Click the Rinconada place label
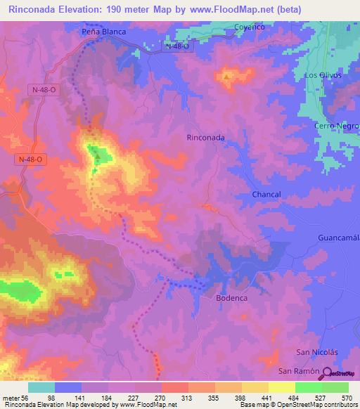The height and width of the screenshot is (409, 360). [x=205, y=138]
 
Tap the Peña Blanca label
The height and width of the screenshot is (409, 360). [x=103, y=32]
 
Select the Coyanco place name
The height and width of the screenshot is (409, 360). [x=248, y=27]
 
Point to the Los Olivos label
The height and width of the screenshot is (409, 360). [x=322, y=75]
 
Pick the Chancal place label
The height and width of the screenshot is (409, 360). [x=266, y=194]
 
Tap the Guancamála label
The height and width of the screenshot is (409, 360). [x=339, y=238]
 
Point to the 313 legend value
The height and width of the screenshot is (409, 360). [x=188, y=397]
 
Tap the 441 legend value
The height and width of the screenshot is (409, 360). [x=268, y=397]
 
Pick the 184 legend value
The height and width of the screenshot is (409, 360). [x=108, y=397]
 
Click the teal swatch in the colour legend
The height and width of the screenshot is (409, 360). [x=41, y=387]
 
